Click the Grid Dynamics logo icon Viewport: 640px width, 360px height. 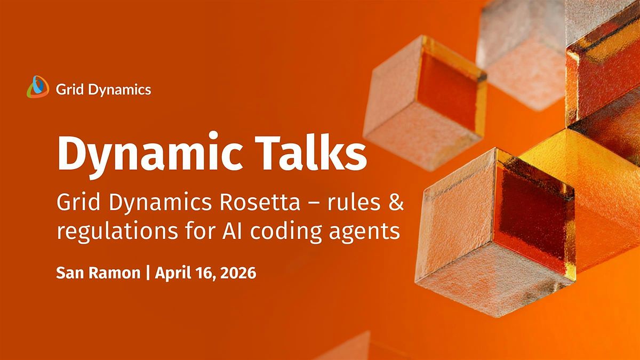click(38, 87)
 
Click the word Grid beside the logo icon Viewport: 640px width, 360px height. click(70, 90)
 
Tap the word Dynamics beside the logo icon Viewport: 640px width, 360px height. click(119, 90)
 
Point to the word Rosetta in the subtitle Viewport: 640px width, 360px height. click(260, 202)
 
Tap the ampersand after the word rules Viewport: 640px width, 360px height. click(395, 202)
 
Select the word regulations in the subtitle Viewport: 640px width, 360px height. click(117, 231)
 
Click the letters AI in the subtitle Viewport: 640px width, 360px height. click(233, 231)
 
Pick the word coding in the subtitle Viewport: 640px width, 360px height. click(286, 231)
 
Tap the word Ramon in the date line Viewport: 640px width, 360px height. click(115, 273)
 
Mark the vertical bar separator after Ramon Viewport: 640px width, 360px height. click(148, 273)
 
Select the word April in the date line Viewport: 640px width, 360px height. click(173, 274)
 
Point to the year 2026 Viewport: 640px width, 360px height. click(238, 273)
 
